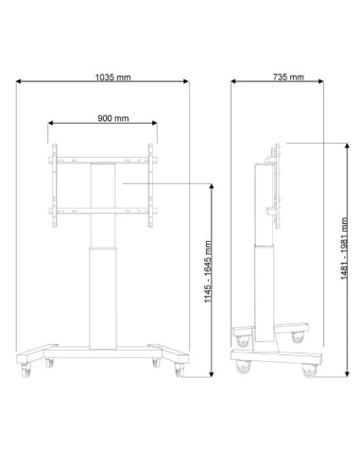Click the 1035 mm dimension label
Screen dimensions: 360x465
[x=112, y=77]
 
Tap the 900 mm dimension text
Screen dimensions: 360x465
[x=113, y=118]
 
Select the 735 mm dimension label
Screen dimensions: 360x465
[x=288, y=77]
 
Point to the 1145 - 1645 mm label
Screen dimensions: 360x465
[x=208, y=271]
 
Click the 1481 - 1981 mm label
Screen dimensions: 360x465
[x=344, y=249]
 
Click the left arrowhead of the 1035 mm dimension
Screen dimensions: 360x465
[x=19, y=81]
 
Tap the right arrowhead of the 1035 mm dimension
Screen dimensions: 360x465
[x=186, y=81]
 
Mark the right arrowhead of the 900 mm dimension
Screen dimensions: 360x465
[x=154, y=123]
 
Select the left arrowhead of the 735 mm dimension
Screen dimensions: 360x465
[x=233, y=81]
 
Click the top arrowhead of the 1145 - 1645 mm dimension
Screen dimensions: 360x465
[x=212, y=186]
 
